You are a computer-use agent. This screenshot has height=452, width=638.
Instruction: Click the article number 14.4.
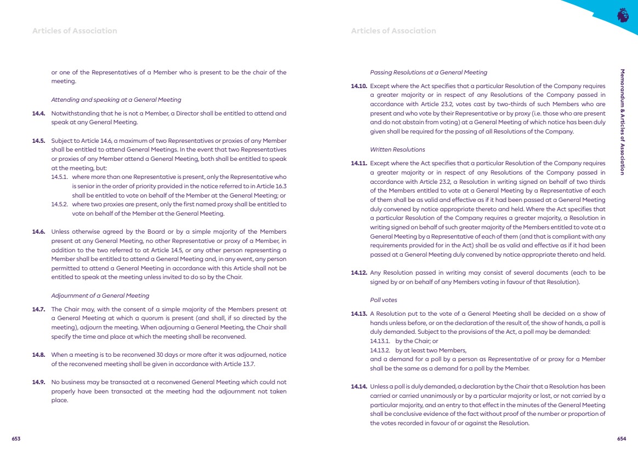38,114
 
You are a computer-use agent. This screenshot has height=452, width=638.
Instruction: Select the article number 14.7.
38,309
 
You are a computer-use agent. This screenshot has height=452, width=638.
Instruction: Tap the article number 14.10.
358,86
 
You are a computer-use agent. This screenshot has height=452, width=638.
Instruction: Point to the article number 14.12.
358,273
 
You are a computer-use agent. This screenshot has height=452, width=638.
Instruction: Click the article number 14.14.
358,387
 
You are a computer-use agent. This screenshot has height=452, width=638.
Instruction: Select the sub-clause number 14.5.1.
60,177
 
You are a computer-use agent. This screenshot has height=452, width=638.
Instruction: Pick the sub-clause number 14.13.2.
379,350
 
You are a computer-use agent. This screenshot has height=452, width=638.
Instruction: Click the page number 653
16,439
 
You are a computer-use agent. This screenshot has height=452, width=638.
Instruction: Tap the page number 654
622,439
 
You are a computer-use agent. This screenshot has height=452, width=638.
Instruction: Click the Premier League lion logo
623,15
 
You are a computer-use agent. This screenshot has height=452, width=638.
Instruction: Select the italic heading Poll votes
384,300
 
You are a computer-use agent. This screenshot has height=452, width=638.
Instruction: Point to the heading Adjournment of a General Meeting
100,295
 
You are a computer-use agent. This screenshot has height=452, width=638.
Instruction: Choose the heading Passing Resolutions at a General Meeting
429,72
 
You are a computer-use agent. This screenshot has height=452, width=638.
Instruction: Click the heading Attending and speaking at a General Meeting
116,100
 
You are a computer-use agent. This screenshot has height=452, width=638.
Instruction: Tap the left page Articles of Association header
75,31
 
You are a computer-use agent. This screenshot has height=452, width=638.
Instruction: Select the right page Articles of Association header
394,31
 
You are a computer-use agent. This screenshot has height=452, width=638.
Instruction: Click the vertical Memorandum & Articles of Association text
622,121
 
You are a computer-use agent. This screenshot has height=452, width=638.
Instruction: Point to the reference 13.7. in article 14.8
249,363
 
